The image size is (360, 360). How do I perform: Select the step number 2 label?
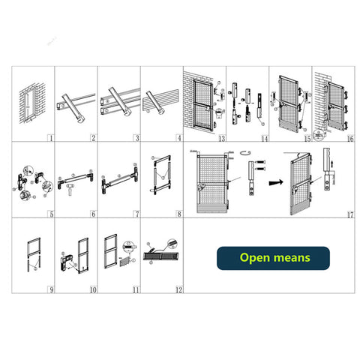click(x=93, y=138)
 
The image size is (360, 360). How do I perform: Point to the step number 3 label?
click(x=136, y=138)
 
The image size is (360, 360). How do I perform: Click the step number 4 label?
click(x=178, y=138)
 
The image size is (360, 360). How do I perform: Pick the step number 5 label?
click(x=49, y=214)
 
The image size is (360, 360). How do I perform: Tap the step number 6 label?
click(x=93, y=214)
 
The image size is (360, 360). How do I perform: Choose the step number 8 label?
click(x=178, y=214)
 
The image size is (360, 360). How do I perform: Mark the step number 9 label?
click(x=49, y=289)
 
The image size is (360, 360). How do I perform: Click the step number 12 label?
click(x=178, y=289)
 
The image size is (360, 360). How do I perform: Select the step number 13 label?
click(x=221, y=138)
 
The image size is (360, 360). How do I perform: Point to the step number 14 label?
click(x=264, y=138)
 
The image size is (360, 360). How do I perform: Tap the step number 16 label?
click(x=349, y=138)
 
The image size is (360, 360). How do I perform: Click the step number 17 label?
click(x=349, y=214)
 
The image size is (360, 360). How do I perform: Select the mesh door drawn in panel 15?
click(x=289, y=103)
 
